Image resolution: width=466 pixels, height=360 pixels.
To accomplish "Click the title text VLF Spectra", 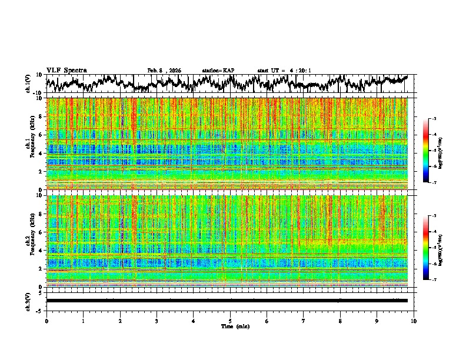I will click(x=66, y=71).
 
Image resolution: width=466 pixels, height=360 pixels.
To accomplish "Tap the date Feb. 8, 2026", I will click(x=164, y=71).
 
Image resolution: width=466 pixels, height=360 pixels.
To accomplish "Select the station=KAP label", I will click(x=218, y=71).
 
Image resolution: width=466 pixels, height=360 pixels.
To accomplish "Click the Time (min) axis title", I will click(x=230, y=326).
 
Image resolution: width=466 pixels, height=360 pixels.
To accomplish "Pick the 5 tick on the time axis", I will click(x=230, y=321).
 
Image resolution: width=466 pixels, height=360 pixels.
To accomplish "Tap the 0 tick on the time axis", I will click(x=46, y=321).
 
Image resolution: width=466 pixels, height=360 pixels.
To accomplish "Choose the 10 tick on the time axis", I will click(x=414, y=321).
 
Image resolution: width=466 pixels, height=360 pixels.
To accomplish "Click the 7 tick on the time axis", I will click(x=304, y=321).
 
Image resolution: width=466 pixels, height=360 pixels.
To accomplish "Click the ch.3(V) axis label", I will click(x=29, y=300).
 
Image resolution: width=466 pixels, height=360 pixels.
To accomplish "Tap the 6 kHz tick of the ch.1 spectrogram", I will click(x=41, y=135).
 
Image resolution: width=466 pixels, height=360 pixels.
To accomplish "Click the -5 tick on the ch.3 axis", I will click(x=40, y=310).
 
